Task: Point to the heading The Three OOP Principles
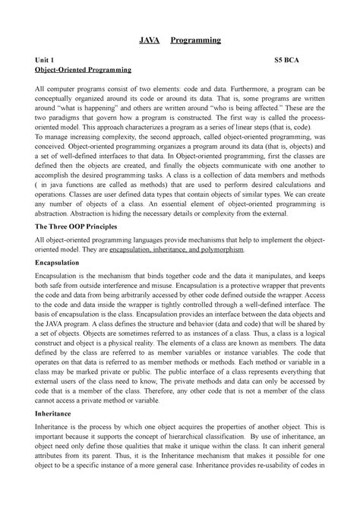[x=78, y=226]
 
